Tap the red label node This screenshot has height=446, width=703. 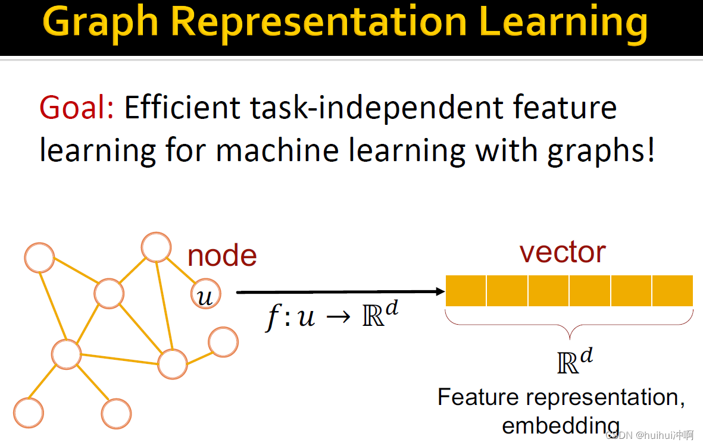[x=222, y=256]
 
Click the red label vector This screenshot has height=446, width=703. [x=563, y=252]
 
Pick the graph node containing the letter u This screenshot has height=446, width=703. [x=205, y=294]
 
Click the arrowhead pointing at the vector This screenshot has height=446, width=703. [x=441, y=291]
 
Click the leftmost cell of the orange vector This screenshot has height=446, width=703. [x=466, y=290]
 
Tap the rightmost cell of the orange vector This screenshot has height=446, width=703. [x=673, y=290]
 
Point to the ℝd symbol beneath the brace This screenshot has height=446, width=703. [x=574, y=361]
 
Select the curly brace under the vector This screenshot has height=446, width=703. [x=570, y=325]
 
